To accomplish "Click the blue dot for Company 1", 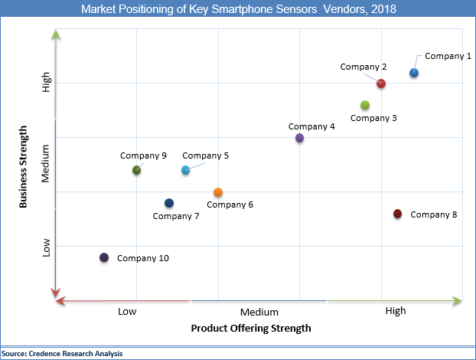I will click(414, 73).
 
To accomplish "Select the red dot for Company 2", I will click(381, 83).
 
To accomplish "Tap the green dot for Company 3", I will click(365, 105).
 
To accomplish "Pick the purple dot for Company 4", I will click(299, 138).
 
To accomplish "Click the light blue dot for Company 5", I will click(185, 170).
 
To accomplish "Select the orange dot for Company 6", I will click(218, 192).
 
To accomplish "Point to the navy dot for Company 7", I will click(169, 203).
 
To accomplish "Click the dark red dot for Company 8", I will click(397, 214).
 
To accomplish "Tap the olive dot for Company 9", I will click(136, 170).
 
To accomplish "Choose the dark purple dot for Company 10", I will click(104, 257).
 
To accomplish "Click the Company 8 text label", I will click(433, 214).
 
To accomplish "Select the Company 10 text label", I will click(142, 258).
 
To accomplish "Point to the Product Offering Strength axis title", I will click(250, 329).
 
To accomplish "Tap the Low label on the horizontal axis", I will click(127, 311).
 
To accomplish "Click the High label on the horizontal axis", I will click(396, 310).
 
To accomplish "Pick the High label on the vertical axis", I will click(46, 83).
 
